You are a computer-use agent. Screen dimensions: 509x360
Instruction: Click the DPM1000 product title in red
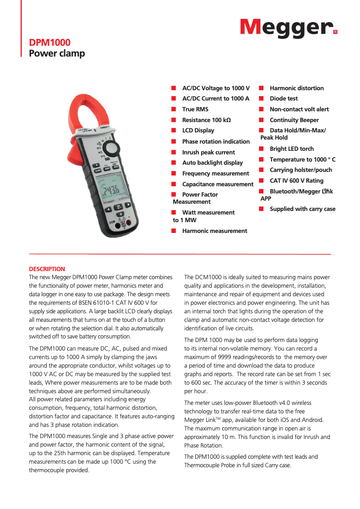coord(50,43)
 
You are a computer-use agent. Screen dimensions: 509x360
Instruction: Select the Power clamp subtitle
coord(57,54)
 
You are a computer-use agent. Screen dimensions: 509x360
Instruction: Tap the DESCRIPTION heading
coord(47,269)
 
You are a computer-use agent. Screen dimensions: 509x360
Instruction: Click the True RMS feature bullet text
coord(195,109)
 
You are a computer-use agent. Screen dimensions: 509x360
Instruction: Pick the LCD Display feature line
coord(198,131)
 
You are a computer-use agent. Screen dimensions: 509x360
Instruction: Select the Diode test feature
coord(284,99)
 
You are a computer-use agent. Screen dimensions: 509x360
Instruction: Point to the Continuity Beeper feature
coord(294,120)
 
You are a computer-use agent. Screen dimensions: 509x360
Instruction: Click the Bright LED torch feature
coord(292,149)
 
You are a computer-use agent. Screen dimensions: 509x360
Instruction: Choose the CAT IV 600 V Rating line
coord(296,180)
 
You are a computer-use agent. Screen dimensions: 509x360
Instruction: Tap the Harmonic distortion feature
coord(297,88)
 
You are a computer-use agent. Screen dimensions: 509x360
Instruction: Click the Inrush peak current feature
coord(208,152)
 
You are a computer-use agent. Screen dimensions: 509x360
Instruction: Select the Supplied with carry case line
coord(303,209)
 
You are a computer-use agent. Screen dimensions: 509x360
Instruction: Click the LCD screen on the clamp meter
coord(110,190)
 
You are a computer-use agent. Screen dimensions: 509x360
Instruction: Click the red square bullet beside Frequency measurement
coord(173,174)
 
